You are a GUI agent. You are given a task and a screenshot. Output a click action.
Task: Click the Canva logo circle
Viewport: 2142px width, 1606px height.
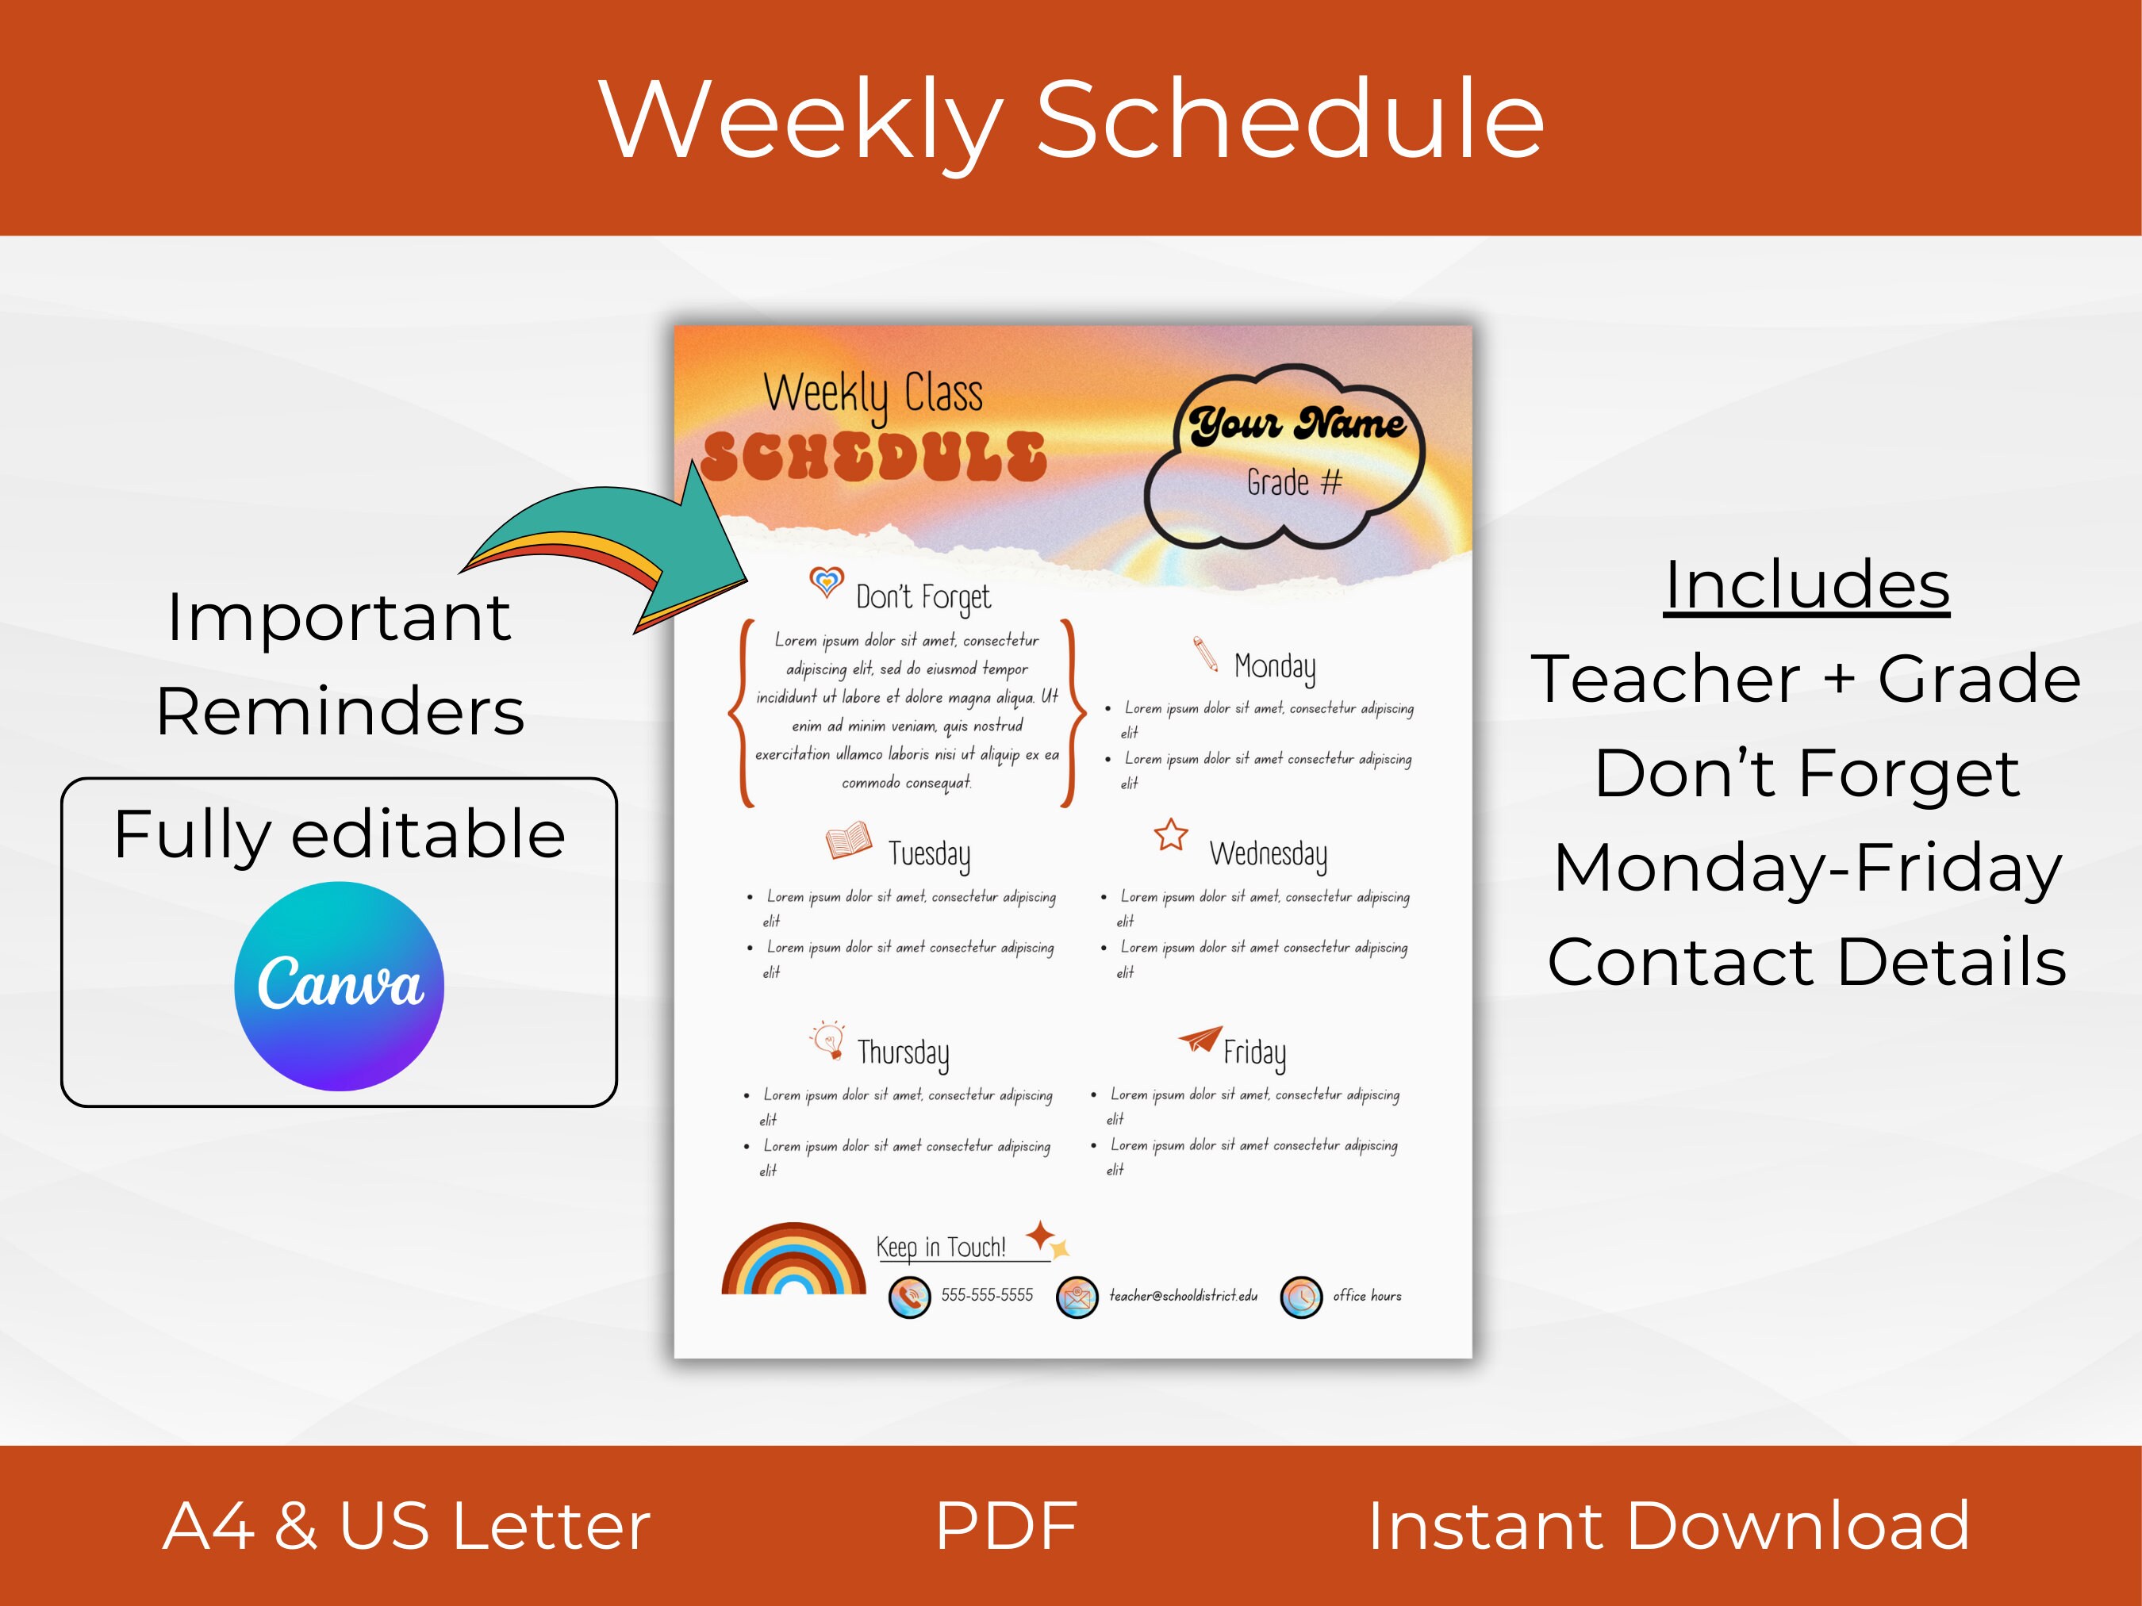pos(339,986)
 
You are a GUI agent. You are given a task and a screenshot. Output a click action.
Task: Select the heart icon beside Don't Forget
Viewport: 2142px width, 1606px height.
pos(826,582)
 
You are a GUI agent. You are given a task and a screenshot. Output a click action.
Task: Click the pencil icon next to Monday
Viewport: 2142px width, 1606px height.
pos(1206,654)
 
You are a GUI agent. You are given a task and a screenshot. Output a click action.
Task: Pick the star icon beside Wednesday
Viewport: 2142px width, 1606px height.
pos(1171,834)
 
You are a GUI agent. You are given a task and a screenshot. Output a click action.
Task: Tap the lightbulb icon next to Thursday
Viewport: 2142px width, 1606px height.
pos(828,1040)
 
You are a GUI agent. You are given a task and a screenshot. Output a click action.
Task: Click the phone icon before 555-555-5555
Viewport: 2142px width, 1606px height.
pos(909,1297)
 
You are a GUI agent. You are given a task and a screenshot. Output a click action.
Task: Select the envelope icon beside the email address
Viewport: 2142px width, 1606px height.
pos(1077,1297)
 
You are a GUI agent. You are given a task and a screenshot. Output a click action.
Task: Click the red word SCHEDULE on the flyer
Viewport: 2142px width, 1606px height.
pos(874,457)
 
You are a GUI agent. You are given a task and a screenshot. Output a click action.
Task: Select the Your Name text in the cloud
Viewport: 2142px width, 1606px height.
pos(1298,424)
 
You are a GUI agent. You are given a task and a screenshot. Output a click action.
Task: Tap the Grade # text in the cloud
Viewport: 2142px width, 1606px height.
pos(1294,482)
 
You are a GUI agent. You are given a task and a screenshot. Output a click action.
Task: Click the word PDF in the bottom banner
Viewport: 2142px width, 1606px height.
pos(1006,1527)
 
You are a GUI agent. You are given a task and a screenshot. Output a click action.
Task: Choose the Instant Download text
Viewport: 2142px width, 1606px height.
pos(1668,1527)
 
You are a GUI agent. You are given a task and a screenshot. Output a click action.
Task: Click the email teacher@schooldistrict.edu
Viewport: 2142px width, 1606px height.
pos(1184,1295)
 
